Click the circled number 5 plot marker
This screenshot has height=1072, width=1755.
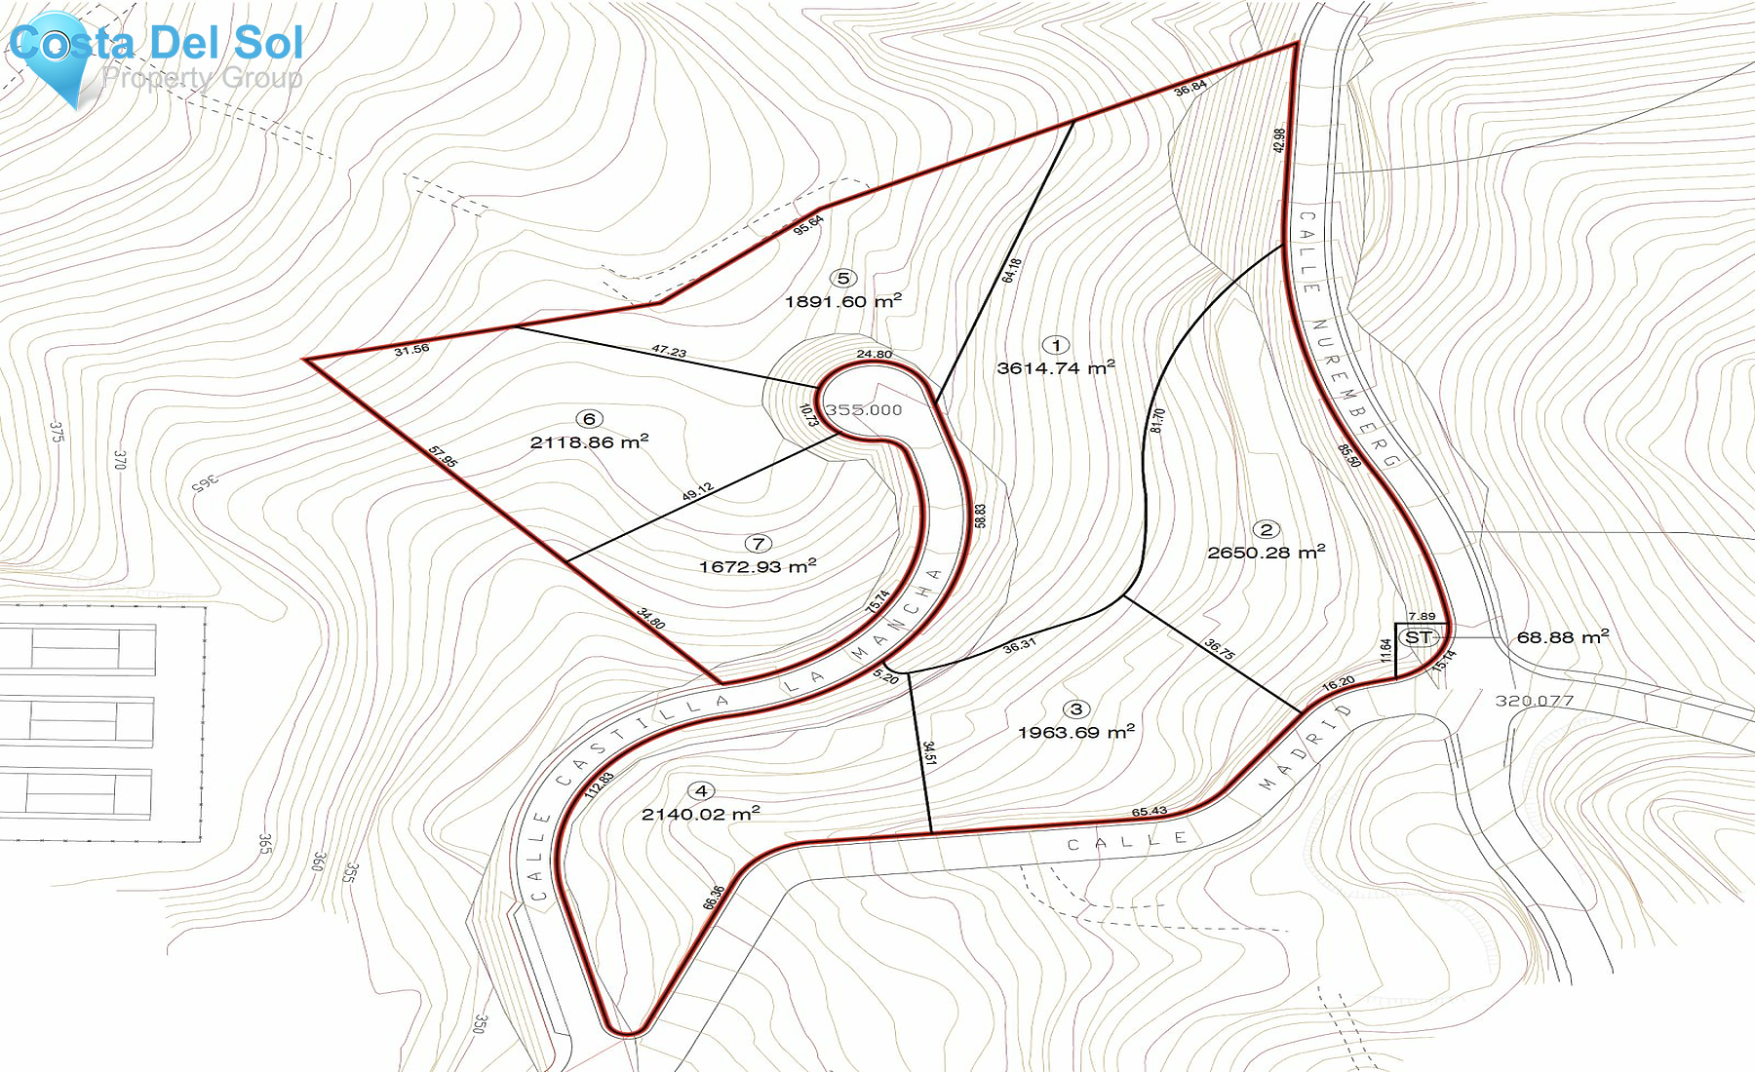[843, 279]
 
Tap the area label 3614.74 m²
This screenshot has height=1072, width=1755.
[1056, 367]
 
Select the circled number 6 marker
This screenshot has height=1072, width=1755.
[589, 419]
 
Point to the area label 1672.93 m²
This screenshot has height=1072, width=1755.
[758, 566]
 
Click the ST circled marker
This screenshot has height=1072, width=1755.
[1419, 637]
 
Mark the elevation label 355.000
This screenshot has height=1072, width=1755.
[864, 410]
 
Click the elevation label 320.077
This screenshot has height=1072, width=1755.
[1534, 701]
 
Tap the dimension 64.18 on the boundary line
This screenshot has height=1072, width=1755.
[1012, 270]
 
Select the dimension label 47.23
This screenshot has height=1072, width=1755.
[669, 351]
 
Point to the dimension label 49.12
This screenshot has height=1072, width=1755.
[697, 493]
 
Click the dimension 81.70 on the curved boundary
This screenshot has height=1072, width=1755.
[1157, 420]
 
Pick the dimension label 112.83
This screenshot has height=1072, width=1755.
[600, 785]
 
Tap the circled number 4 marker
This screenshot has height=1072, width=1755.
[701, 791]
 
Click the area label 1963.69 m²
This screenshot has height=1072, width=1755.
[1076, 732]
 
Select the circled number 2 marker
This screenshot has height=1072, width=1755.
[1267, 530]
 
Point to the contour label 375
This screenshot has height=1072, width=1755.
[57, 432]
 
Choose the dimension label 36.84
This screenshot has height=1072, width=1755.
[1190, 87]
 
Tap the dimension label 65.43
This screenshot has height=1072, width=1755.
[1150, 812]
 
